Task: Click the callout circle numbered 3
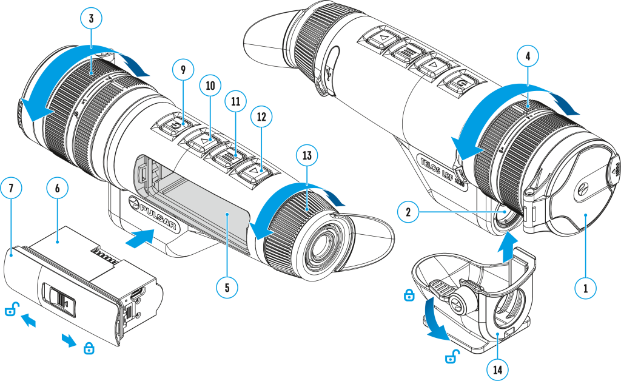90,19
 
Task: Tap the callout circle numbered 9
181,70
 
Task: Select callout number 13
307,156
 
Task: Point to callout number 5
226,287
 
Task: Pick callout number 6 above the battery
57,189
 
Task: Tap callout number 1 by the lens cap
585,288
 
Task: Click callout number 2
408,212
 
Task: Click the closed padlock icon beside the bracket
409,295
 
